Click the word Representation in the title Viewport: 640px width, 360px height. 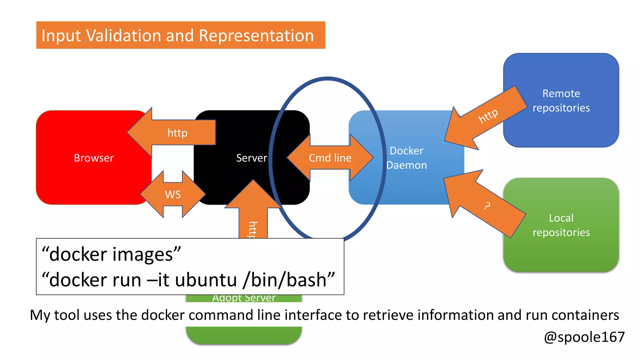click(256, 35)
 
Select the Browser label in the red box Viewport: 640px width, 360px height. click(94, 158)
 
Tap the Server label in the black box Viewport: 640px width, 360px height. click(252, 158)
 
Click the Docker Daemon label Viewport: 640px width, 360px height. click(406, 158)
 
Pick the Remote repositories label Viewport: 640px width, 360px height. click(561, 100)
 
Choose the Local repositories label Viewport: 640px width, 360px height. click(561, 225)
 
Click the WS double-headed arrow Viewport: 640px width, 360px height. click(173, 194)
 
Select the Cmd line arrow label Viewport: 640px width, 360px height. click(330, 158)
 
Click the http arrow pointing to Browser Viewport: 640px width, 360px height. click(177, 133)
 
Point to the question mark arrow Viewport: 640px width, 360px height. click(486, 205)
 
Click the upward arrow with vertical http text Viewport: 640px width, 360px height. click(253, 219)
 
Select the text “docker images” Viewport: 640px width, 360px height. click(111, 254)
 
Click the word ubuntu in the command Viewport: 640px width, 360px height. click(206, 280)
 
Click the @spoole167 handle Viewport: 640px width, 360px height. click(584, 337)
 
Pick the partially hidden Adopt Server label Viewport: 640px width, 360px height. click(244, 298)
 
